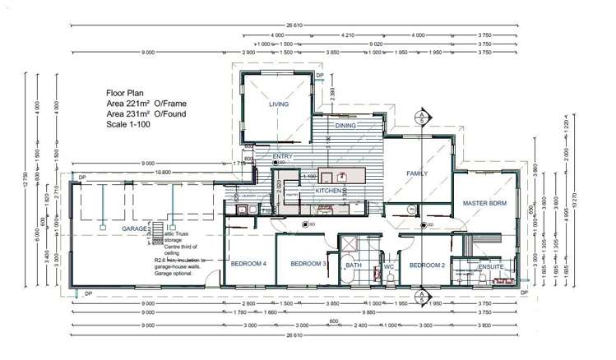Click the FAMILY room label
(419, 174)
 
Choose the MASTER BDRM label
(484, 202)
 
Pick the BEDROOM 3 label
(308, 264)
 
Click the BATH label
(354, 265)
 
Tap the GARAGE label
(135, 229)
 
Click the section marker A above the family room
(421, 115)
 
